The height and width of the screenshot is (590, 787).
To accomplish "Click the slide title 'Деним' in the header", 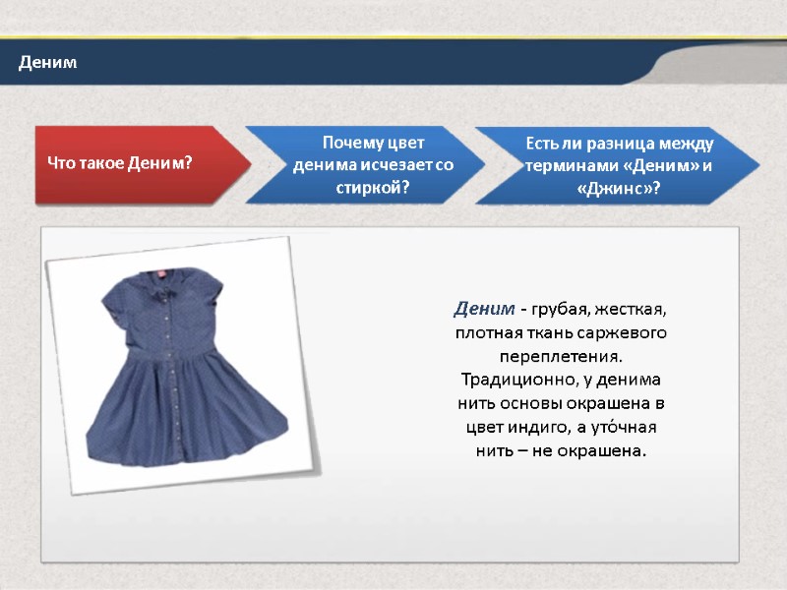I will (x=47, y=64).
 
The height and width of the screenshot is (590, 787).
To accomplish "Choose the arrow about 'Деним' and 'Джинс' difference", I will (x=618, y=164).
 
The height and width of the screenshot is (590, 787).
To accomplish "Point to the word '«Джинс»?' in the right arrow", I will (x=619, y=187).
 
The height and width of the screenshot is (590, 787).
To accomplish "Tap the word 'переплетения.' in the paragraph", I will (x=561, y=356).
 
